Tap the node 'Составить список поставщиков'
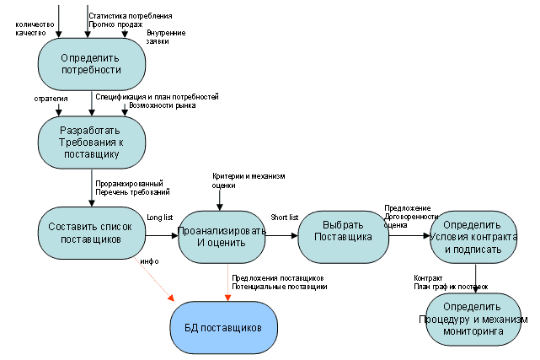[92, 232]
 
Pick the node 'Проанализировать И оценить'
[221, 236]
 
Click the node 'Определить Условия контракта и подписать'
[476, 237]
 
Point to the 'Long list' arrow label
[159, 218]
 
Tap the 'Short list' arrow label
[284, 218]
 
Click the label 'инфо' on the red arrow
[150, 262]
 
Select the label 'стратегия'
[51, 99]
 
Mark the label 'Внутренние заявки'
[166, 38]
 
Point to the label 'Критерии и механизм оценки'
[249, 180]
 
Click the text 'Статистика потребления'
[131, 16]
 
